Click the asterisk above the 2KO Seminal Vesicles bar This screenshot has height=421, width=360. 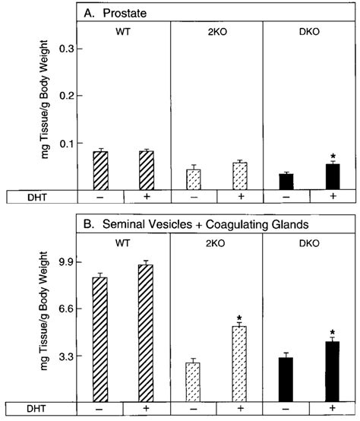pyautogui.click(x=240, y=318)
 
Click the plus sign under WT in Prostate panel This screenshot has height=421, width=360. pyautogui.click(x=147, y=197)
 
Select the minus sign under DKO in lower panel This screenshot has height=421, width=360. pyautogui.click(x=286, y=409)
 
